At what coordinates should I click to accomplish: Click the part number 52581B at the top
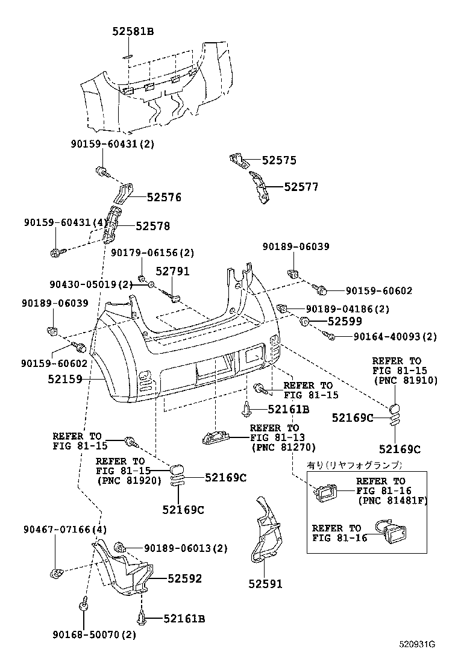[x=133, y=30]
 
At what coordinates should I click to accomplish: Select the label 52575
[x=279, y=160]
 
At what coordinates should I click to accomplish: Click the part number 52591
[x=265, y=584]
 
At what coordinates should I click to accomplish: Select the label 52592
[x=184, y=578]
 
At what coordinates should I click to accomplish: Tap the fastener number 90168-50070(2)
[x=94, y=634]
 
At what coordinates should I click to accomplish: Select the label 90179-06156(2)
[x=152, y=252]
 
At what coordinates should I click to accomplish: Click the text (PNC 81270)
[x=283, y=448]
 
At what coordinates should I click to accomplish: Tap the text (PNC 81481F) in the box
[x=392, y=501]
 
